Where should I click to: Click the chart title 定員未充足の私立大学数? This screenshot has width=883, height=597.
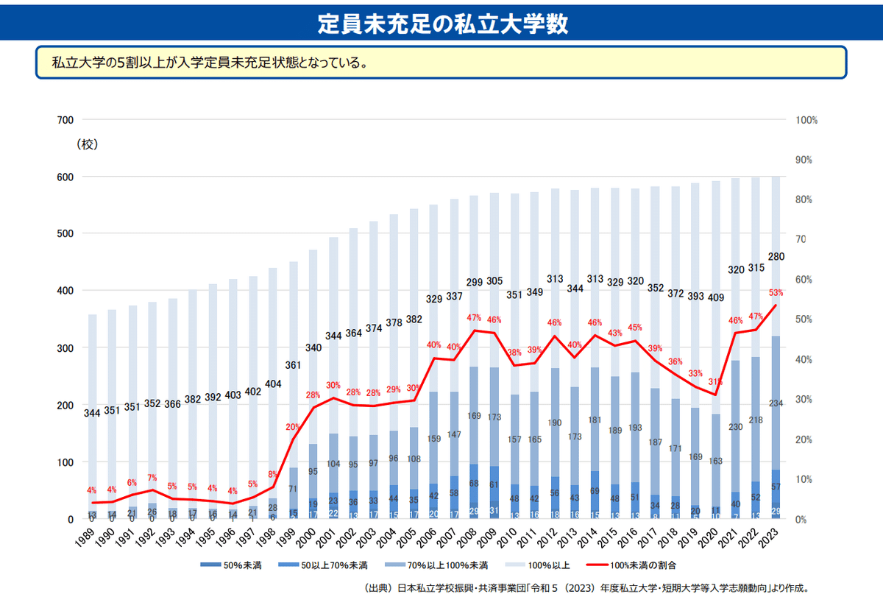coord(442,24)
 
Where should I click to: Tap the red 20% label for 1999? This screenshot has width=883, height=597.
coord(293,427)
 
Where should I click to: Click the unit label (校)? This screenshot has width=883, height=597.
coord(88,144)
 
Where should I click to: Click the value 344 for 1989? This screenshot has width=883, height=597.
coord(92,412)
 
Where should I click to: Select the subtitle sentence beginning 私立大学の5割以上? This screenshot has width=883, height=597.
coord(209,63)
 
